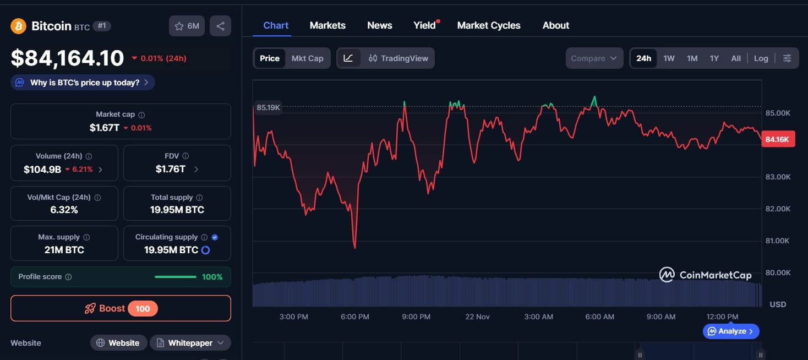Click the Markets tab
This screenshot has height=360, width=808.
(327, 25)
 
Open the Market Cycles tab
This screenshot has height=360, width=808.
(488, 25)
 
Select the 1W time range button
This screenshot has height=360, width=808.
(669, 58)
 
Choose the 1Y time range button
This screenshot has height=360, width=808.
(714, 58)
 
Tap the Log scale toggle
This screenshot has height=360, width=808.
(761, 58)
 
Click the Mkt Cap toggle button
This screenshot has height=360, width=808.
(307, 58)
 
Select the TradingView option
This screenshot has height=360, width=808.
(398, 58)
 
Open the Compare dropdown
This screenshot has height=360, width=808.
(594, 58)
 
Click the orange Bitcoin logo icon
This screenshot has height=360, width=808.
(18, 26)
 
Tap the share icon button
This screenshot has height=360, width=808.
(220, 26)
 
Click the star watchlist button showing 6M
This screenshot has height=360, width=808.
(187, 26)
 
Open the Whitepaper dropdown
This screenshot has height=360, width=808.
(190, 343)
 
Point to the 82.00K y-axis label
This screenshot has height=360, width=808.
(778, 209)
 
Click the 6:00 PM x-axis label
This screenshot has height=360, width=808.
(355, 317)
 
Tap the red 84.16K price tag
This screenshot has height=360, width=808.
(778, 139)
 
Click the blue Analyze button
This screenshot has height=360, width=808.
(731, 331)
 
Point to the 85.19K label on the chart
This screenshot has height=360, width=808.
(268, 107)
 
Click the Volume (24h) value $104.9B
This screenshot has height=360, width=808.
(42, 170)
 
